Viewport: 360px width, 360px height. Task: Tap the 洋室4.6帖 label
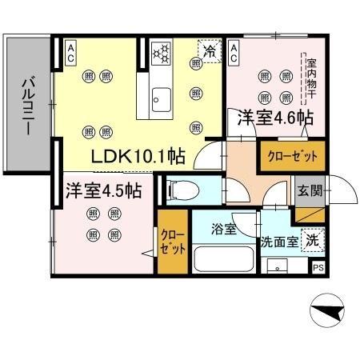click(274, 118)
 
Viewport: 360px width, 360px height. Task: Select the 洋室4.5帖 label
click(104, 191)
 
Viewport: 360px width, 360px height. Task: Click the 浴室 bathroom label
click(224, 230)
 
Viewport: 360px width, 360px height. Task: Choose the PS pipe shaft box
click(318, 269)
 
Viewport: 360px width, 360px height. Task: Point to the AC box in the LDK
click(70, 53)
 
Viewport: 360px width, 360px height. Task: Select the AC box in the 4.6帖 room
click(234, 53)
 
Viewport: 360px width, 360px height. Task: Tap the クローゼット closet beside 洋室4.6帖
click(292, 155)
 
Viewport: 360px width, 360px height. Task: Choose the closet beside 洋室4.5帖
click(170, 242)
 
